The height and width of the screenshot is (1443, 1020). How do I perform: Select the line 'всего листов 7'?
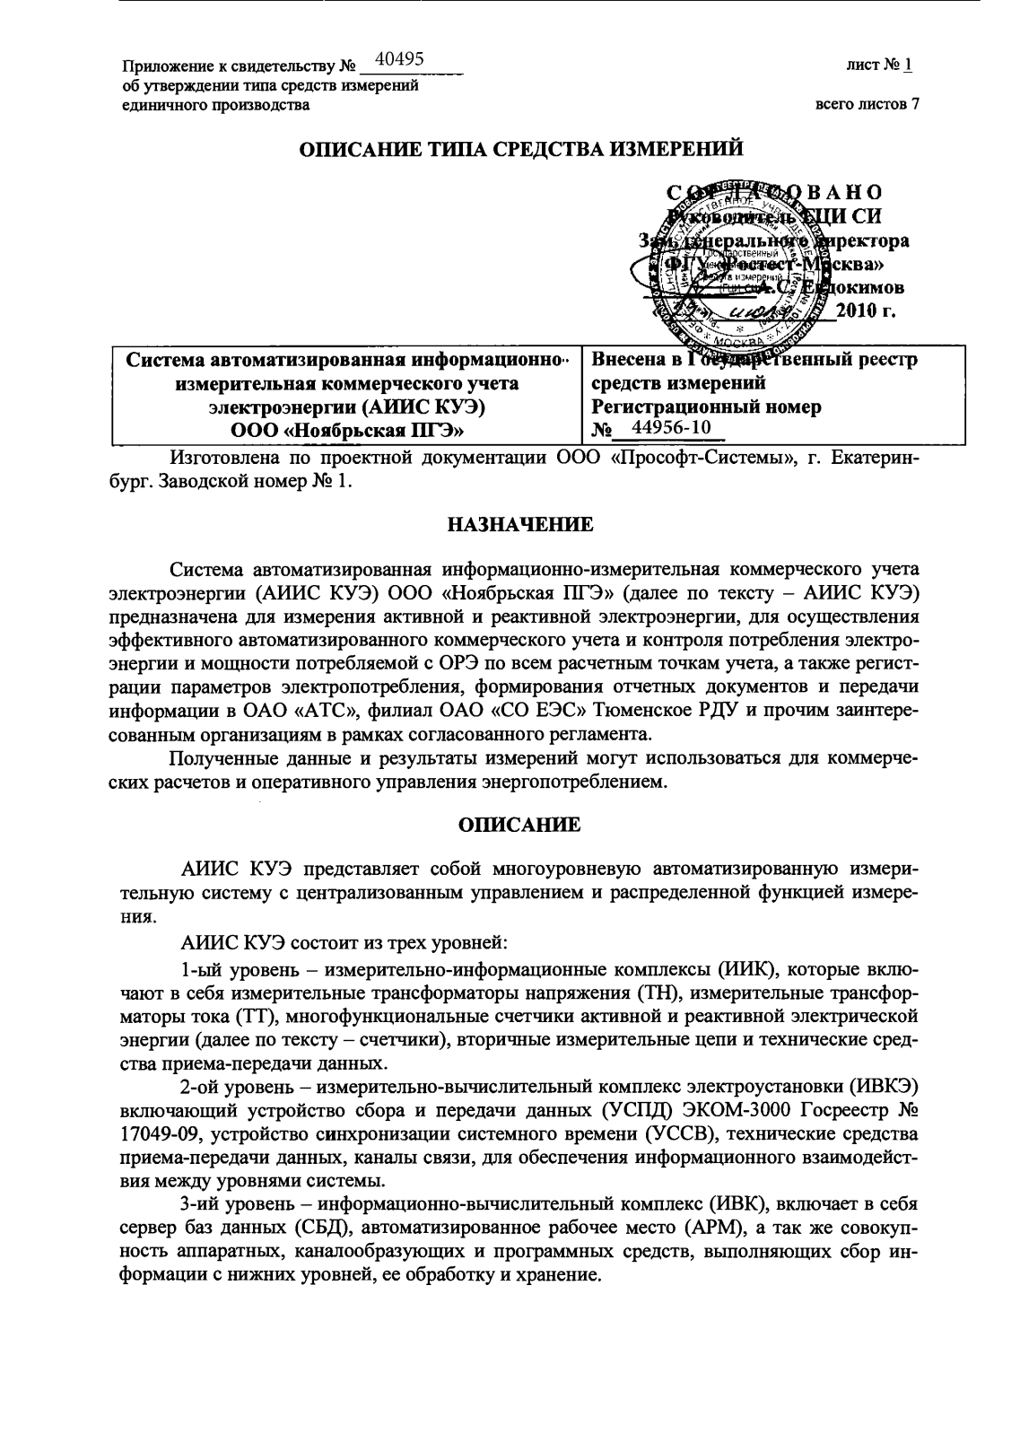pyautogui.click(x=867, y=104)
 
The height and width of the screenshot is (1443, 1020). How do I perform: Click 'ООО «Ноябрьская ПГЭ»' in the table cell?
pyautogui.click(x=346, y=430)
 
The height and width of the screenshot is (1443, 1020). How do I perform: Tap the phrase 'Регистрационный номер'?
pyautogui.click(x=707, y=406)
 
